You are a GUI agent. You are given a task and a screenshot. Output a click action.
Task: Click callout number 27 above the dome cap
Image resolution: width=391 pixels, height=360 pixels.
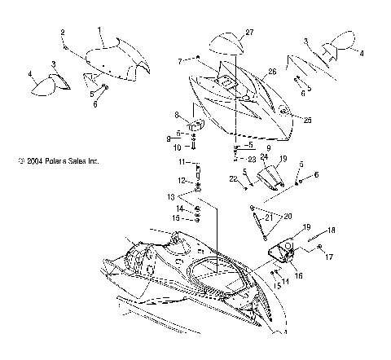tap(249, 32)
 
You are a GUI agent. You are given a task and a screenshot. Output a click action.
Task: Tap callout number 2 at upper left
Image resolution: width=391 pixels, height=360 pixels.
tap(62, 32)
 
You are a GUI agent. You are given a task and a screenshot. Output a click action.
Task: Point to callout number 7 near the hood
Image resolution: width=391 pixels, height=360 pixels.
tap(180, 60)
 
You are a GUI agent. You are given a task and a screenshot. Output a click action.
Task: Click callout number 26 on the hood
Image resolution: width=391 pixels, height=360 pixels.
tap(272, 72)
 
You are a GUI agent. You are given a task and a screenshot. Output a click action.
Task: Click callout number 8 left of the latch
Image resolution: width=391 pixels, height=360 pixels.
tap(176, 115)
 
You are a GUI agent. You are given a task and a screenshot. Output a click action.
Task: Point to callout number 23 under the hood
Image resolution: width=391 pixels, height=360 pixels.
tap(252, 159)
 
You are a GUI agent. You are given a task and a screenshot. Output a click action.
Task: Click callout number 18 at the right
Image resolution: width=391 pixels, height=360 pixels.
tap(332, 231)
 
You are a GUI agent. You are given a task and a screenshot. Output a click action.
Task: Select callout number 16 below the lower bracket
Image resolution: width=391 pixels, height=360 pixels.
tap(298, 276)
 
